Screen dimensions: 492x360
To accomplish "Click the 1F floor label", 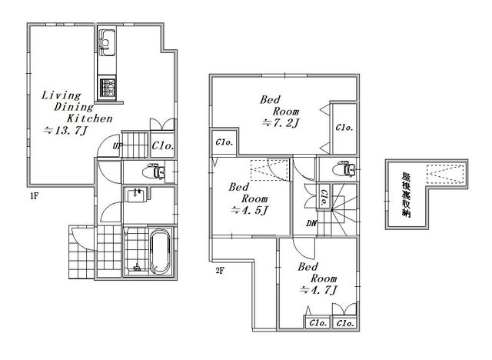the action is coord(34,196).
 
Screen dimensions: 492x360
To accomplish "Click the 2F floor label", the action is coord(220,270).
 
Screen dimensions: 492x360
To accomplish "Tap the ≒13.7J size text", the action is coord(65,130).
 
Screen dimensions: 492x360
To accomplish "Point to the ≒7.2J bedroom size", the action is coord(281,123).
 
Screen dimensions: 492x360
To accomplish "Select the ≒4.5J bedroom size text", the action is coord(249,210).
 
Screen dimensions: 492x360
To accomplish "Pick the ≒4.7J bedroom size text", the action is coord(318,290).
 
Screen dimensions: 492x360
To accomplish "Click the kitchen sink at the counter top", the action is coord(106,42).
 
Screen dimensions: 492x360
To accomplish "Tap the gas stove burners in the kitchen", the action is coord(107,87).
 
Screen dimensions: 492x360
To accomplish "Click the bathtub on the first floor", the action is coord(161,252).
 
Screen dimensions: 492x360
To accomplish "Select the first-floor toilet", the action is coord(154,172).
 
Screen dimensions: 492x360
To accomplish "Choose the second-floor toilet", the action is coord(344,168).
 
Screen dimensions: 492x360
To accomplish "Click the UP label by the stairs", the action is coord(117,146).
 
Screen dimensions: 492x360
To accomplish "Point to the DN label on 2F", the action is coord(312,224).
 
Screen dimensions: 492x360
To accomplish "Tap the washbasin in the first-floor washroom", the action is coord(135,195).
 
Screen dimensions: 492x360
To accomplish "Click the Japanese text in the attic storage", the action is coord(407,195).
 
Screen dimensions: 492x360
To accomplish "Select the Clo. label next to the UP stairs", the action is coord(162,145).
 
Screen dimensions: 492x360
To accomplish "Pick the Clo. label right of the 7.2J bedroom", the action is coord(344,128).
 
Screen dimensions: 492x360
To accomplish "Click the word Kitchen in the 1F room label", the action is coord(90,118).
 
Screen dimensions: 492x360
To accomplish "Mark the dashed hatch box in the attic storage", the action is coord(444,174).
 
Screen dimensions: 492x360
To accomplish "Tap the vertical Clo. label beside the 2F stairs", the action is coord(323,197).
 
